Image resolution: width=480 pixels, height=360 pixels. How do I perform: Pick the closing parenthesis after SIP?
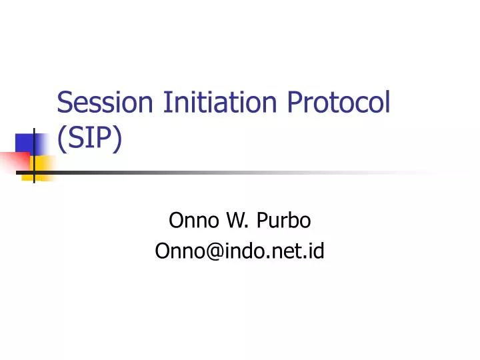point(117,140)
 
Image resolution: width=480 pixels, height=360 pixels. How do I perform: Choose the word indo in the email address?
point(239,251)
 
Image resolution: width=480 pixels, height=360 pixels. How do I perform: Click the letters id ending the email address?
point(316,251)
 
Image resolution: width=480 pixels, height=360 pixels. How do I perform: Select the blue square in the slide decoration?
point(25,143)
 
